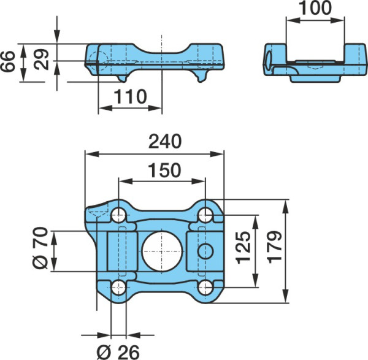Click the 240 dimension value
[x=165, y=142]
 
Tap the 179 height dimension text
[x=275, y=248]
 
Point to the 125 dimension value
[x=243, y=248]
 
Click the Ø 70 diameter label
[x=40, y=248]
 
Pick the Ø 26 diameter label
[x=118, y=352]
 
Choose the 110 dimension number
[x=130, y=97]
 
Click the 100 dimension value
[x=315, y=8]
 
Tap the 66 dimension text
[x=8, y=61]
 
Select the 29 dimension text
[x=41, y=59]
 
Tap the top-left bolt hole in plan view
[x=118, y=215]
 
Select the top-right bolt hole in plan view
[x=205, y=215]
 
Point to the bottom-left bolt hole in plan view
[x=118, y=287]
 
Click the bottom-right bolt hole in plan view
[x=205, y=287]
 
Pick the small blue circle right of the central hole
[x=205, y=251]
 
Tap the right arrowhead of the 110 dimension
[x=155, y=108]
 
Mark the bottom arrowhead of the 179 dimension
[x=285, y=296]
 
